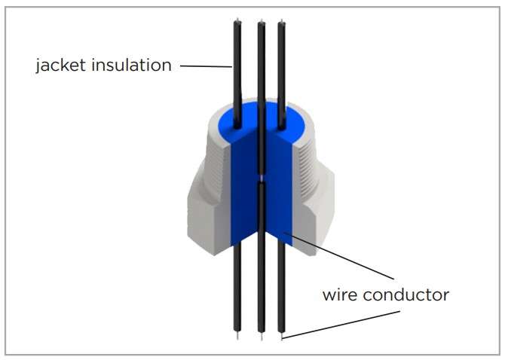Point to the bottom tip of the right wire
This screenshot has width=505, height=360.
coord(283,337)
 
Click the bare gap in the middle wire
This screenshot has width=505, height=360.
coord(261,178)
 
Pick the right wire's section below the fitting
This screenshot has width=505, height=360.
coord(283,294)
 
